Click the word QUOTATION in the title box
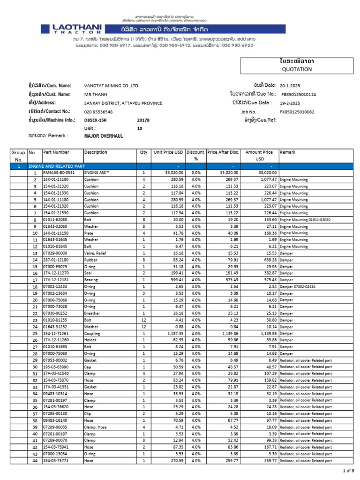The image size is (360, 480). (297, 69)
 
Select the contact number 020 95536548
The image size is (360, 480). (98, 112)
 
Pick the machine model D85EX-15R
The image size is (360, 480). (96, 120)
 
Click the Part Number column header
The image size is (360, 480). (56, 152)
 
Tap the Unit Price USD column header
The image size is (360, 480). (168, 152)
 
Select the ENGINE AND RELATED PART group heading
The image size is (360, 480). (57, 166)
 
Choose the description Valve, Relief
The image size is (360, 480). (95, 253)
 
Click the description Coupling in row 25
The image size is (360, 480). (92, 333)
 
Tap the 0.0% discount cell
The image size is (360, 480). (195, 173)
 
